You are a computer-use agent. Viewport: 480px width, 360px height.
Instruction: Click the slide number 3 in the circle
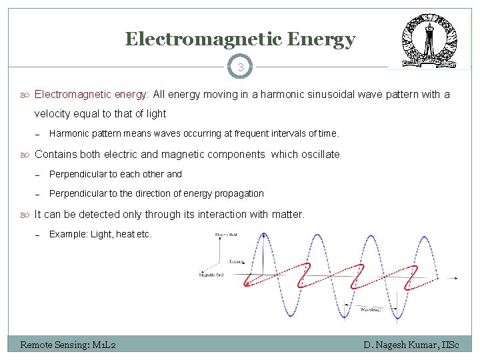coord(241,67)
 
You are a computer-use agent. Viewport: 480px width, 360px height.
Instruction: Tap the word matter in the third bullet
coord(287,215)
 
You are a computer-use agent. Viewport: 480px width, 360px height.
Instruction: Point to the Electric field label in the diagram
coord(226,235)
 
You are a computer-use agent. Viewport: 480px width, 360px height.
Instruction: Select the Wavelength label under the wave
coord(372,309)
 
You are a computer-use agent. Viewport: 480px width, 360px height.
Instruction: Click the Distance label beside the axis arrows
coord(236,261)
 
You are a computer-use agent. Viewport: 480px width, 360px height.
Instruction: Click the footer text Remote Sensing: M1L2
coord(69,345)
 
